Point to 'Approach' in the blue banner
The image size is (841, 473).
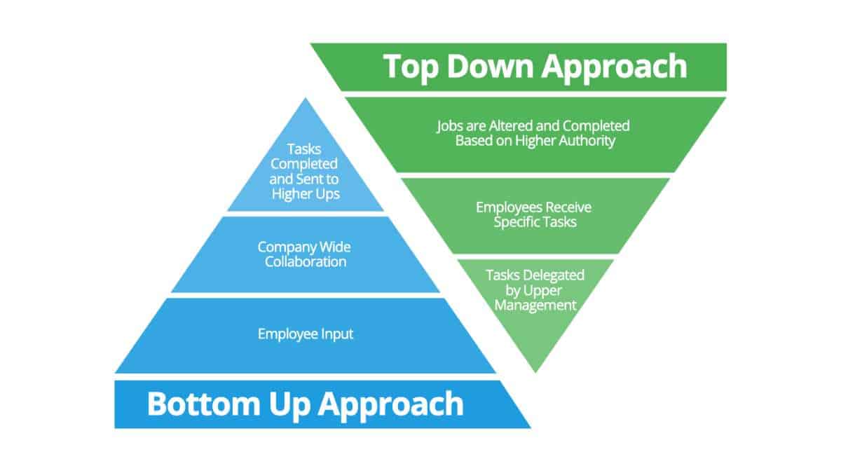pos(392,404)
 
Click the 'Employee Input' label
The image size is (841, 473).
pos(306,334)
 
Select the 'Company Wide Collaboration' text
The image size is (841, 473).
pos(306,254)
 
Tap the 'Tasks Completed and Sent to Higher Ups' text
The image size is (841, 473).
pos(305,171)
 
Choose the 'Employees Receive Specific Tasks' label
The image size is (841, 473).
pos(534,214)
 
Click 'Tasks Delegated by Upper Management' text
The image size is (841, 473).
pos(535,289)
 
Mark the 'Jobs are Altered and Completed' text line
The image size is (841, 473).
pos(534,126)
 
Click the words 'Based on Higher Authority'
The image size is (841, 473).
pos(535,140)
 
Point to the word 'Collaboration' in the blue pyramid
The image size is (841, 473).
pos(306,262)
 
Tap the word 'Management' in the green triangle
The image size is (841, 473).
pos(535,305)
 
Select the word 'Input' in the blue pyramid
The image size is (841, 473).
pos(336,334)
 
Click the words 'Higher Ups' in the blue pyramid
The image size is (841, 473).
pos(306,193)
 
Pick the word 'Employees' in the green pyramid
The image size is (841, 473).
pos(506,207)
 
